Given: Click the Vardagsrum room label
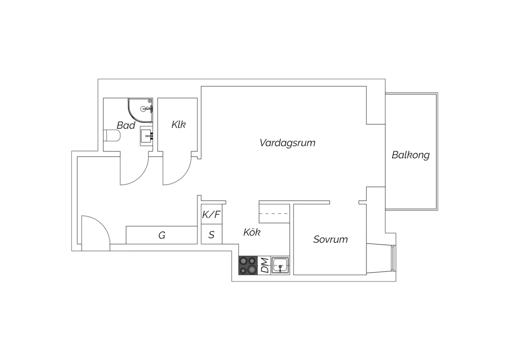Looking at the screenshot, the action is (x=287, y=143).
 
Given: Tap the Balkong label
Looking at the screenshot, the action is (x=411, y=155).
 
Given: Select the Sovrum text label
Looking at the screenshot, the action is (x=331, y=239).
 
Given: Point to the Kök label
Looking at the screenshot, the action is (x=252, y=232).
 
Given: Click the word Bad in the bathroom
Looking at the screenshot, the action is (x=126, y=125).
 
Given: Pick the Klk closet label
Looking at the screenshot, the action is (x=178, y=125).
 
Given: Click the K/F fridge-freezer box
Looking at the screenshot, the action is (x=211, y=214).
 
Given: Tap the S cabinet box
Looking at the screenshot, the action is (x=211, y=234).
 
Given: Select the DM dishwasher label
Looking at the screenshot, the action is (x=265, y=265).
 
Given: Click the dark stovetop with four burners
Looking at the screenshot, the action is (x=248, y=265).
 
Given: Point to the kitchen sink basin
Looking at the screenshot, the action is (x=280, y=265).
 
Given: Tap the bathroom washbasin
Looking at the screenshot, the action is (x=146, y=136).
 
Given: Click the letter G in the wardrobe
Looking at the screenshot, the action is (x=162, y=235).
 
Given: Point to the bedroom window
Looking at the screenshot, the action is (x=393, y=258).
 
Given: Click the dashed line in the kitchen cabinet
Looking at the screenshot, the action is (x=275, y=214).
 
